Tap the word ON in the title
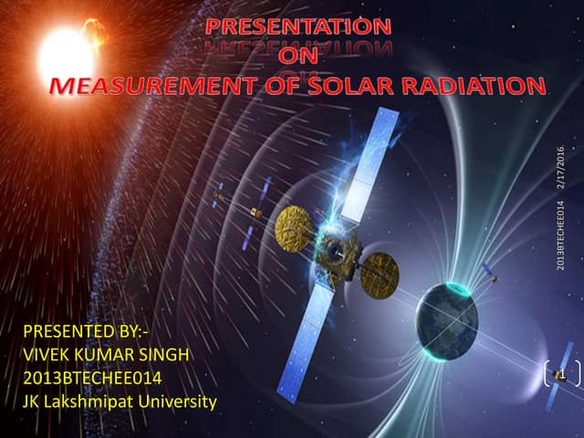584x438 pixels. click(x=298, y=59)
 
